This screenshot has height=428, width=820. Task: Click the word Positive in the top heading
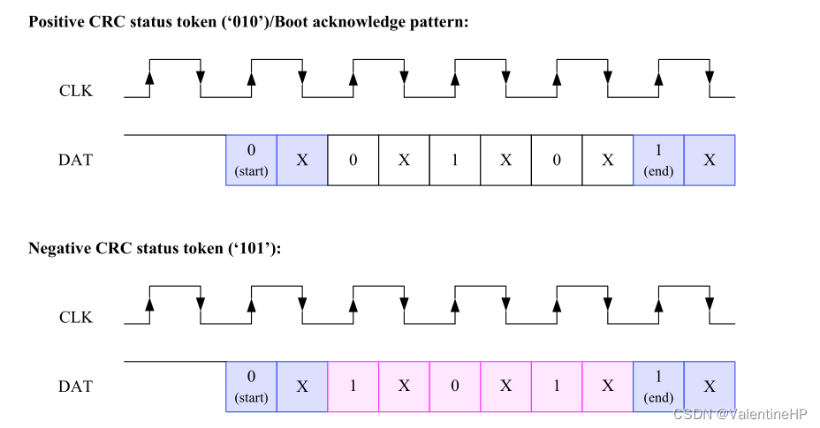click(57, 21)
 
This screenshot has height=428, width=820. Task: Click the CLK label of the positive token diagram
click(75, 91)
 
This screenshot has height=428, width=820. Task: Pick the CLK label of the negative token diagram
click(75, 318)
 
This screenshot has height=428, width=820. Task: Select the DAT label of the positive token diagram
click(75, 161)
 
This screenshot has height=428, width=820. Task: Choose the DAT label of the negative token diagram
click(75, 387)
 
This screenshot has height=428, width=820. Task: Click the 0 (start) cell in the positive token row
click(252, 160)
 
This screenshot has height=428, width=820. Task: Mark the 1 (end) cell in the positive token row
click(659, 160)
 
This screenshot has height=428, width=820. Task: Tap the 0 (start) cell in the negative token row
click(252, 387)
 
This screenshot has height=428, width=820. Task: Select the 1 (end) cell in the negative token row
click(659, 387)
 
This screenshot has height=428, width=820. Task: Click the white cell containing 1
click(455, 161)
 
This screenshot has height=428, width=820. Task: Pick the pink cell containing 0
click(455, 387)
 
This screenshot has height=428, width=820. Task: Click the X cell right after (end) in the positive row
click(710, 161)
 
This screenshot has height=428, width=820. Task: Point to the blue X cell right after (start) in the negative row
click(302, 387)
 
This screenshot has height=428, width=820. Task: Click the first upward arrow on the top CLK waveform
click(149, 78)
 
